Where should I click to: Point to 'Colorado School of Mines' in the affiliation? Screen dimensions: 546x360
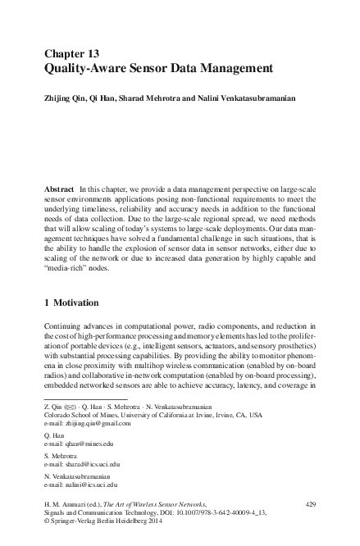(79, 415)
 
